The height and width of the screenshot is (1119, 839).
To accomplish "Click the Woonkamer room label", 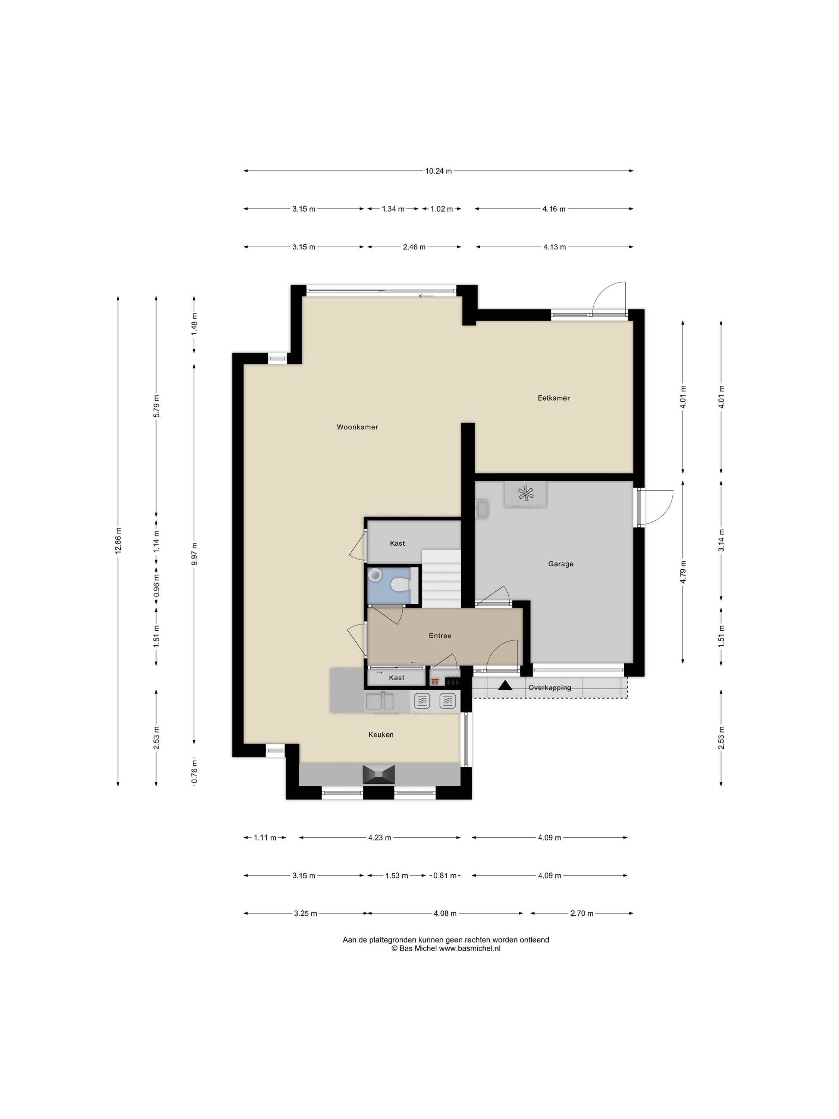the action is pos(357,427).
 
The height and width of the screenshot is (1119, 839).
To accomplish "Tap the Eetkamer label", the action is pos(553,398).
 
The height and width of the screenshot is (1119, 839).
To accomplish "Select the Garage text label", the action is pos(560,564).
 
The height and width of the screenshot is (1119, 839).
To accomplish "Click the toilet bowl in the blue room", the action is pos(400,585).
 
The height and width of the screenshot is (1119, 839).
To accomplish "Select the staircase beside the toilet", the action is pos(442,579).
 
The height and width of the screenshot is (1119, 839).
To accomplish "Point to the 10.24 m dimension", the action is pos(438,171).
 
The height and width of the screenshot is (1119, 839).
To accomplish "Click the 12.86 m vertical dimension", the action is pos(118,541).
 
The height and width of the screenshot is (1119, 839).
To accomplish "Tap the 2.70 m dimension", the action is pos(582,913).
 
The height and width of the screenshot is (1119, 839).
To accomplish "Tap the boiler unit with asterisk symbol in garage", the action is pos(525,494).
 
